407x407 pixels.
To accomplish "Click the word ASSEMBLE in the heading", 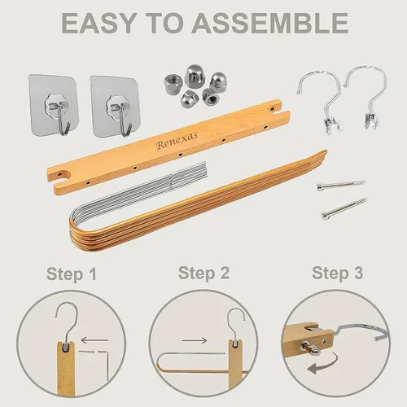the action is (x=270, y=23).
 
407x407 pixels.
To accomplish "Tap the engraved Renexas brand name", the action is (x=177, y=140).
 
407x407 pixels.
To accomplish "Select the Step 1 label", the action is (x=72, y=274).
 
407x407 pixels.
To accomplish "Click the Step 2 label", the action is (x=203, y=273).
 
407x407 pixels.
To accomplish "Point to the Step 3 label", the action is (x=338, y=273).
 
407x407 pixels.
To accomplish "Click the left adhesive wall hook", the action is (x=54, y=104).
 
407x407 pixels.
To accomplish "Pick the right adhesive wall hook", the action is (x=115, y=107).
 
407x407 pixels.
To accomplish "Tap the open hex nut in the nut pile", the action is (x=172, y=84).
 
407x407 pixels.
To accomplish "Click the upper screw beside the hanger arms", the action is (x=341, y=185).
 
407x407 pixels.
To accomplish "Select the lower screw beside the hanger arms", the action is (x=344, y=208).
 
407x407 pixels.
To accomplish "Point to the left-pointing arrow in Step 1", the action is (x=94, y=340).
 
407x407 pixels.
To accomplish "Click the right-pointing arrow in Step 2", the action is (x=195, y=340).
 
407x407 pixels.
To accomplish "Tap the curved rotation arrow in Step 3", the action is (x=323, y=364).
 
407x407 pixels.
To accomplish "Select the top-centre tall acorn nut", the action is (x=195, y=76).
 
